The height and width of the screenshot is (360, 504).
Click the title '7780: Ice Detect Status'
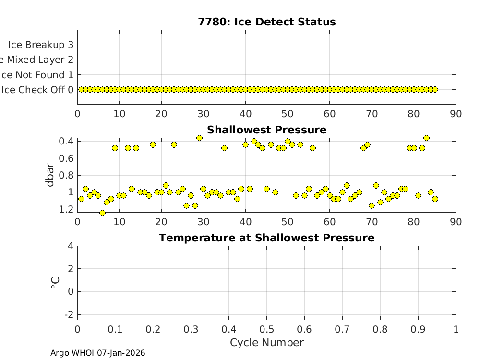(266, 22)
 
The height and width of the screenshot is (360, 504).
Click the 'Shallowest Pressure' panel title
(266, 130)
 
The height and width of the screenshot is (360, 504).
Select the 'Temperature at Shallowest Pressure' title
(266, 238)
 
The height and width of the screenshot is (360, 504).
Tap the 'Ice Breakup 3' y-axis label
(41, 45)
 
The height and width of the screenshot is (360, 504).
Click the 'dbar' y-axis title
(51, 175)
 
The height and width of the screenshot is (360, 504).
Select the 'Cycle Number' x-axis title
(266, 342)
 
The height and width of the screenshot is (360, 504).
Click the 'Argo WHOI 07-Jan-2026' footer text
(98, 353)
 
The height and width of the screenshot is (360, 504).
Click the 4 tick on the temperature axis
(71, 246)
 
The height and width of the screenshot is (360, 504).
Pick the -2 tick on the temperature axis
(69, 314)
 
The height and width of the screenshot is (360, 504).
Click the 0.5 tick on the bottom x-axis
(266, 329)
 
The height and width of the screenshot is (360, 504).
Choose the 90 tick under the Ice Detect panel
(456, 114)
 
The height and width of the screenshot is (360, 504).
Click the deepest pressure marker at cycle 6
(102, 213)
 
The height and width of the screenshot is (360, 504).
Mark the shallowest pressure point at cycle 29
(199, 138)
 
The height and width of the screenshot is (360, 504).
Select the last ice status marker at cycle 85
(435, 89)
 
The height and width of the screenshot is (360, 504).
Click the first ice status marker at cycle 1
(81, 89)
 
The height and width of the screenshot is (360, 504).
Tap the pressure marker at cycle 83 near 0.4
(426, 138)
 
